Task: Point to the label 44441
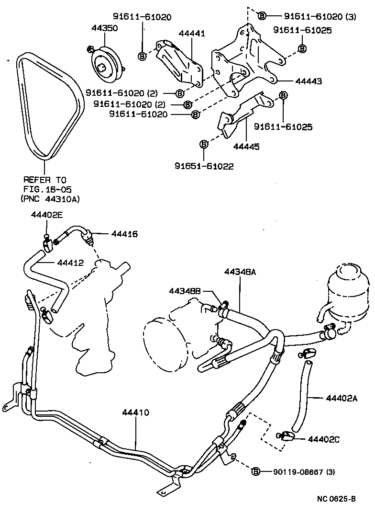pyautogui.click(x=192, y=34)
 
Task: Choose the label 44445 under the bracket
pyautogui.click(x=246, y=147)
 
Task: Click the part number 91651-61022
pyautogui.click(x=204, y=168)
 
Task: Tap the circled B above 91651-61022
pyautogui.click(x=204, y=144)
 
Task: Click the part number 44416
pyautogui.click(x=124, y=234)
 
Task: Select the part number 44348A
pyautogui.click(x=240, y=272)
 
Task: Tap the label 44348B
pyautogui.click(x=185, y=291)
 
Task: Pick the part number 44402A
pyautogui.click(x=342, y=398)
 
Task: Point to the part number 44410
pyautogui.click(x=135, y=412)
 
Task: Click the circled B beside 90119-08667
pyautogui.click(x=256, y=471)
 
